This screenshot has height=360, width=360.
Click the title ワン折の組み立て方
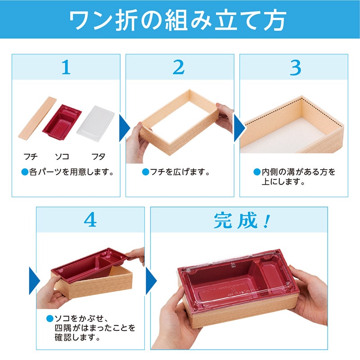180,19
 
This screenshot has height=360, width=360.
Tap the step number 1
66,67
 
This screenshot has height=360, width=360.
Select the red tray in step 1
62,119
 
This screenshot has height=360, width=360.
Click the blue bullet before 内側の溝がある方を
257,172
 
